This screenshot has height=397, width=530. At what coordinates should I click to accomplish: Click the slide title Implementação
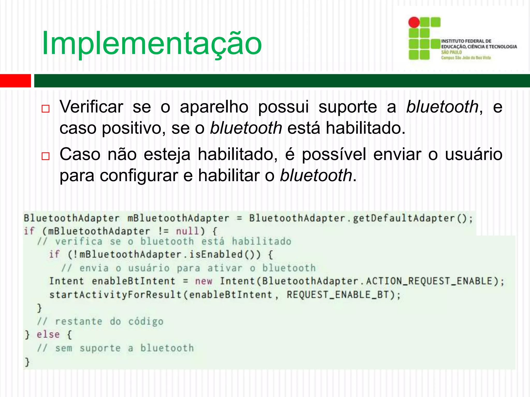click(x=152, y=43)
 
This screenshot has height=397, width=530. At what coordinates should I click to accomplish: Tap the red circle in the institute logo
click(x=414, y=22)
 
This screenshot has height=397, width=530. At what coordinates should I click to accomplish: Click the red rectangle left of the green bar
click(x=15, y=81)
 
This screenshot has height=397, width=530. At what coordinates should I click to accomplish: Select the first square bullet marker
click(x=46, y=109)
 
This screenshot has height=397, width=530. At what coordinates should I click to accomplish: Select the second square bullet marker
click(x=46, y=156)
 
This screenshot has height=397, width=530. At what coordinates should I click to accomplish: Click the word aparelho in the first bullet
click(x=214, y=107)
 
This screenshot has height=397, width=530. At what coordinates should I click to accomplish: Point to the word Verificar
click(x=91, y=106)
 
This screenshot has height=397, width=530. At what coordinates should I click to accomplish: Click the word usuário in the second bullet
click(x=474, y=154)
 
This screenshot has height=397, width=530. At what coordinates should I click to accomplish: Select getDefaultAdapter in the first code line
click(x=404, y=218)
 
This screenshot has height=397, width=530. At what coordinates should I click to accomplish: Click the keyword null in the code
click(x=188, y=231)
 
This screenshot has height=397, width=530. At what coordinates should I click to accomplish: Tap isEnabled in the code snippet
click(x=216, y=254)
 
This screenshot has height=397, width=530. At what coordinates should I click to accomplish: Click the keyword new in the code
click(x=204, y=281)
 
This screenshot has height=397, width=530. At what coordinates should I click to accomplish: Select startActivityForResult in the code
click(x=116, y=295)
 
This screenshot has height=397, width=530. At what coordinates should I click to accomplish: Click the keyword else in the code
click(x=48, y=334)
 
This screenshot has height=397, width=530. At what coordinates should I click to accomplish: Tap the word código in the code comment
click(x=146, y=322)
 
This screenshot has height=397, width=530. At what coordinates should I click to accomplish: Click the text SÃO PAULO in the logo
click(x=451, y=52)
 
